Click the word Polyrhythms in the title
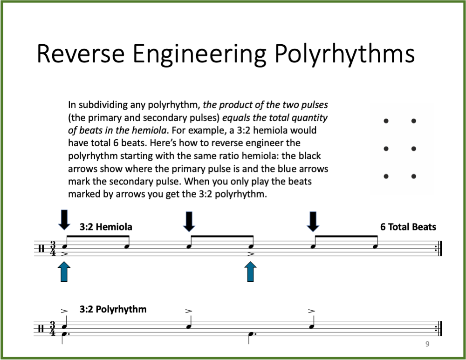(344, 54)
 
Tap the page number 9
(427, 344)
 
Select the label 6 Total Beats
(408, 227)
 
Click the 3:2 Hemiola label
(106, 227)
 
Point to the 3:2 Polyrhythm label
(113, 309)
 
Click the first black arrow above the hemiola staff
(64, 220)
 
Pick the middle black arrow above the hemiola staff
(189, 221)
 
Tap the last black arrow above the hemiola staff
(313, 221)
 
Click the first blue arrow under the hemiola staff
(64, 272)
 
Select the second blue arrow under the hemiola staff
(251, 272)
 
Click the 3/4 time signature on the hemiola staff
(53, 249)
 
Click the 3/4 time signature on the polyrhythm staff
(53, 329)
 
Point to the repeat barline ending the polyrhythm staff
(439, 329)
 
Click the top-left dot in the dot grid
(386, 121)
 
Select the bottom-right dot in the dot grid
(414, 177)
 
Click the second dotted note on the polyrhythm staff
(251, 334)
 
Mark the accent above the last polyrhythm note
(312, 311)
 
